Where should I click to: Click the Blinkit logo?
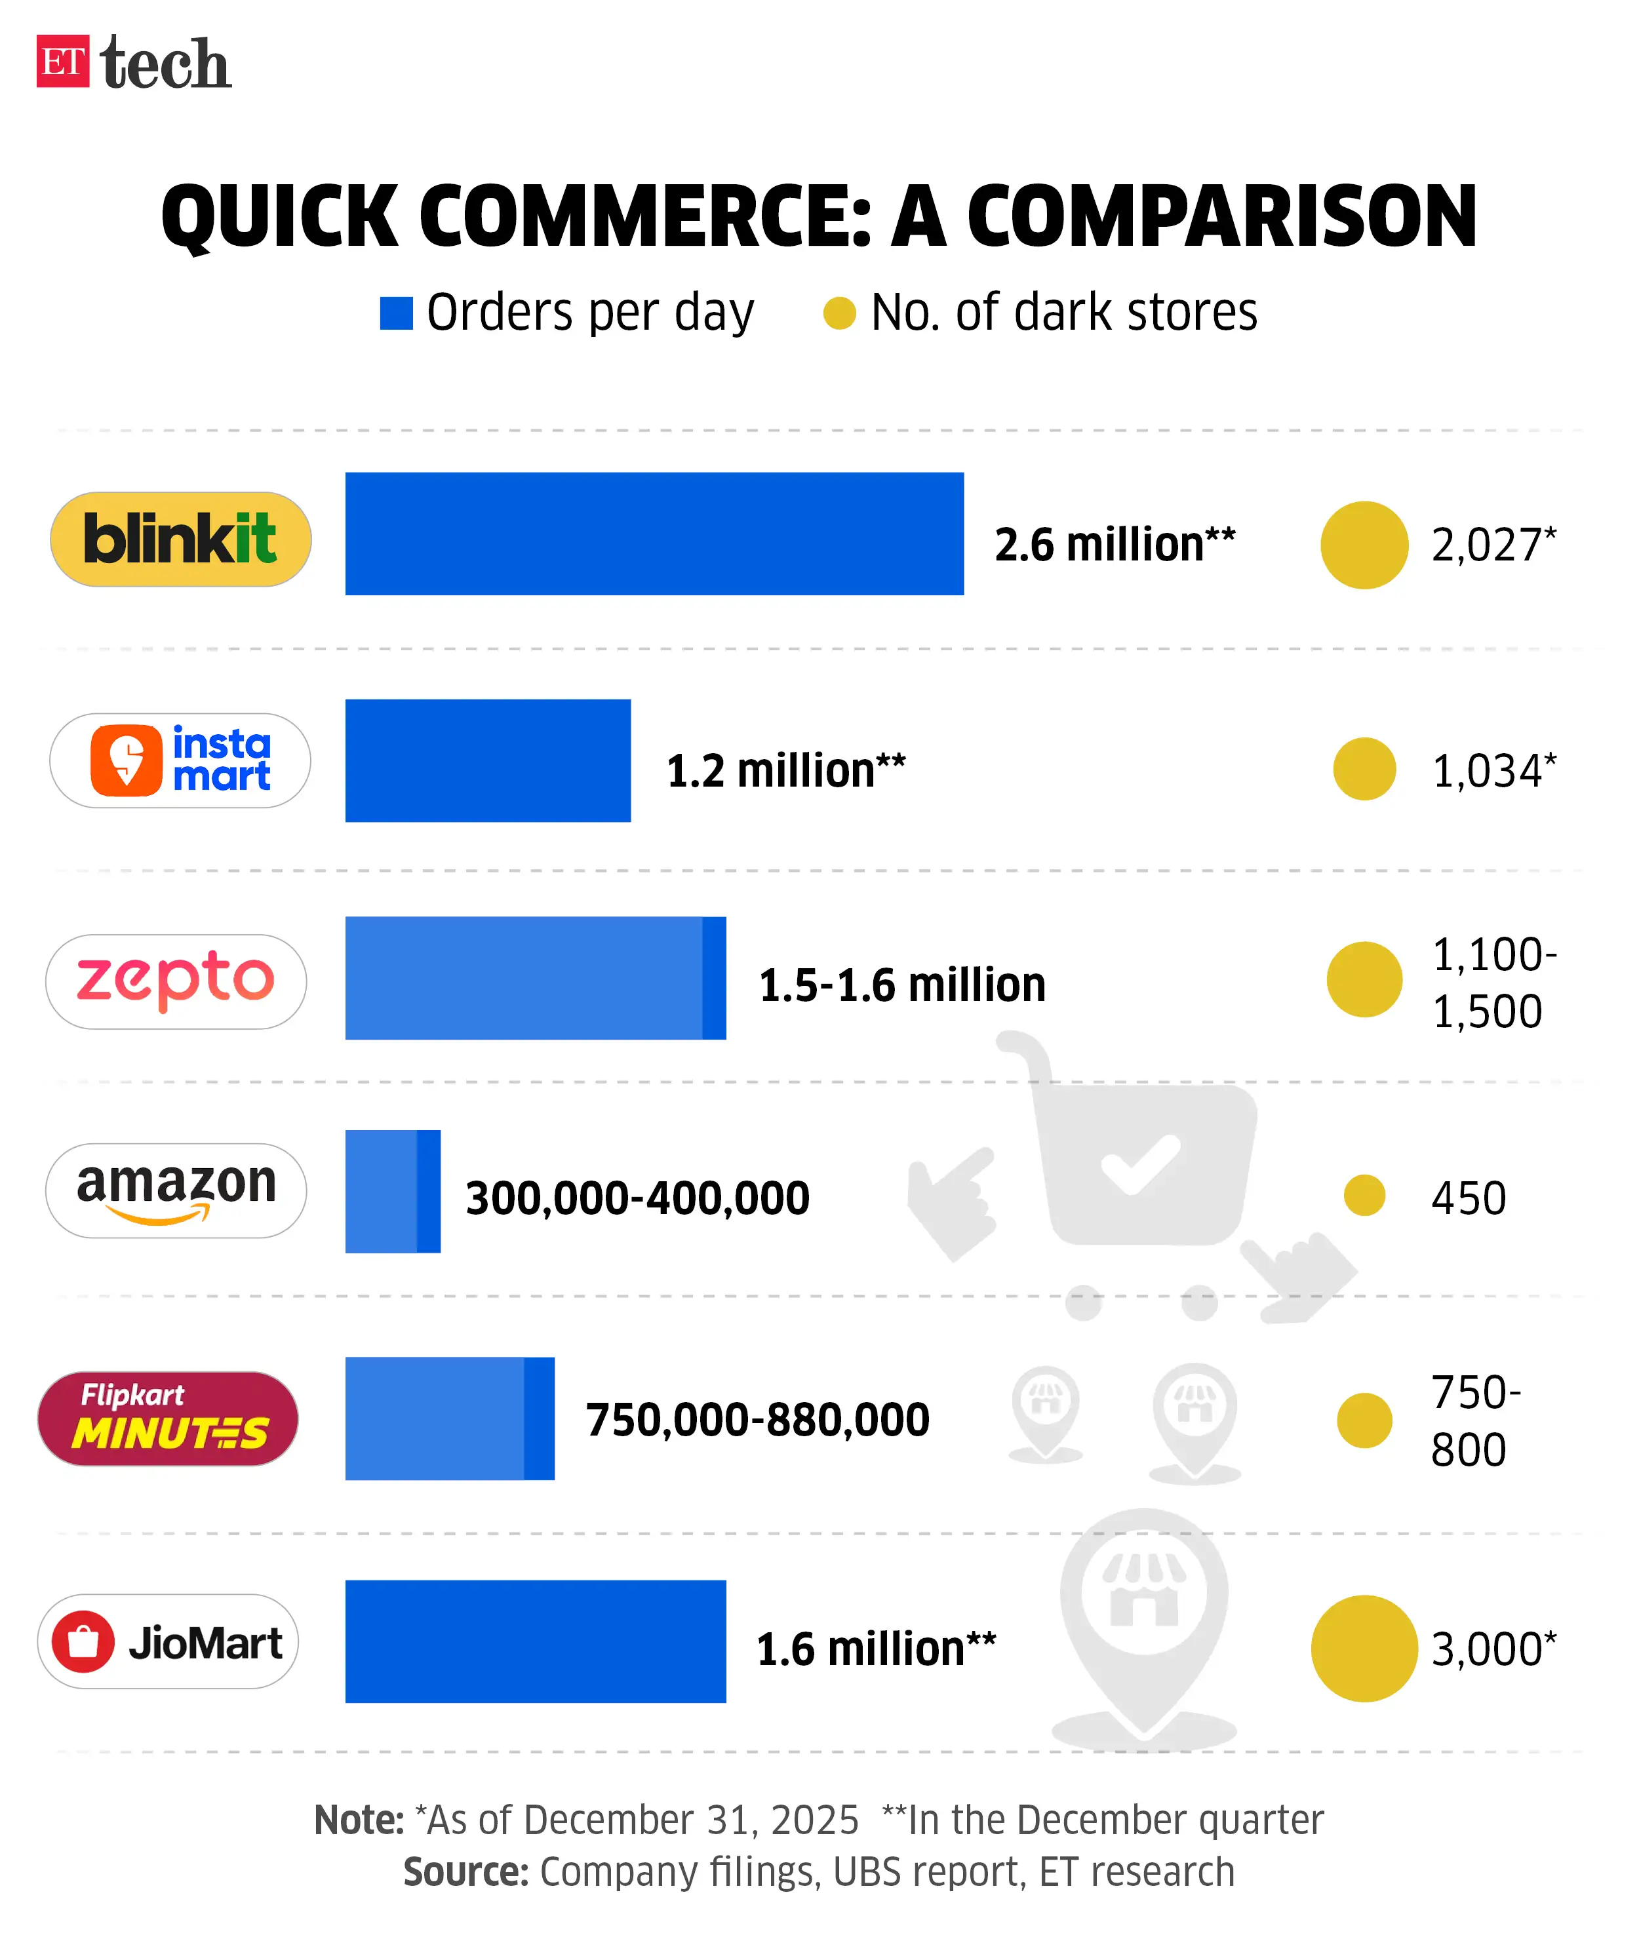pos(180,539)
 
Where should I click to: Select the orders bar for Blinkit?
pos(654,534)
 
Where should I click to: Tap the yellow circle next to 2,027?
pos(1364,545)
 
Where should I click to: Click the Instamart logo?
pos(180,760)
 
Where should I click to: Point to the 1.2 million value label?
pos(785,770)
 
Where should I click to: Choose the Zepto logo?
pos(176,981)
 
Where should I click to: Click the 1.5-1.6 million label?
pos(901,985)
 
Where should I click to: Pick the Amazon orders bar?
pos(392,1191)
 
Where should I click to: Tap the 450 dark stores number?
pos(1468,1198)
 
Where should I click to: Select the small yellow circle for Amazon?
pos(1364,1195)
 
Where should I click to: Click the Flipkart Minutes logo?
pos(168,1418)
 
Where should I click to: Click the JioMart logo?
pos(168,1641)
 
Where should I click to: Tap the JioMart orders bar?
pos(535,1641)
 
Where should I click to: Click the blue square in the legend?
pos(396,313)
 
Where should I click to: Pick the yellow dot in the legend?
pos(839,313)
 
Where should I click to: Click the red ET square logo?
pos(62,62)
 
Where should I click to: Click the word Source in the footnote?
pos(465,1871)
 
